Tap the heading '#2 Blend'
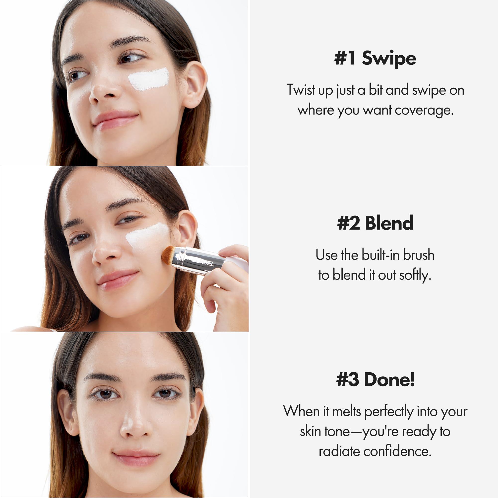375,223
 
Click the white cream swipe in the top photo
149,79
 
